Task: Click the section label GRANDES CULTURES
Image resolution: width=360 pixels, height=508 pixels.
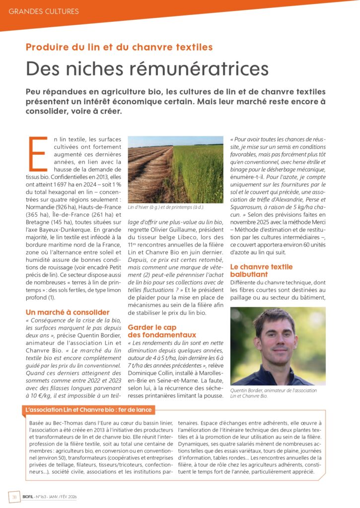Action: [44, 11]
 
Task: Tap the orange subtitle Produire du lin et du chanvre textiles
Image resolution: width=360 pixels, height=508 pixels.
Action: [119, 48]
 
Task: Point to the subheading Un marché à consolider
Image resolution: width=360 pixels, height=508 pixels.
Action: [68, 312]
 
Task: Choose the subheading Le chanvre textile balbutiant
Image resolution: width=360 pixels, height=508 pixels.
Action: [261, 270]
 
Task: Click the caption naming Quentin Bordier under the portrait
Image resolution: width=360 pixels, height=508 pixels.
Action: [273, 393]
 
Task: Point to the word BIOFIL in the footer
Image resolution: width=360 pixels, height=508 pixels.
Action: [30, 496]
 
